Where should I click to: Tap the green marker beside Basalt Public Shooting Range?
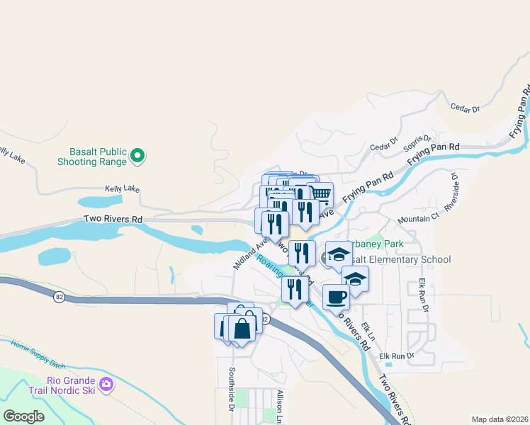(139, 156)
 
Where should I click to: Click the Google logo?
(23, 416)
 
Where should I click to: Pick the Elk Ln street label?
(368, 331)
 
